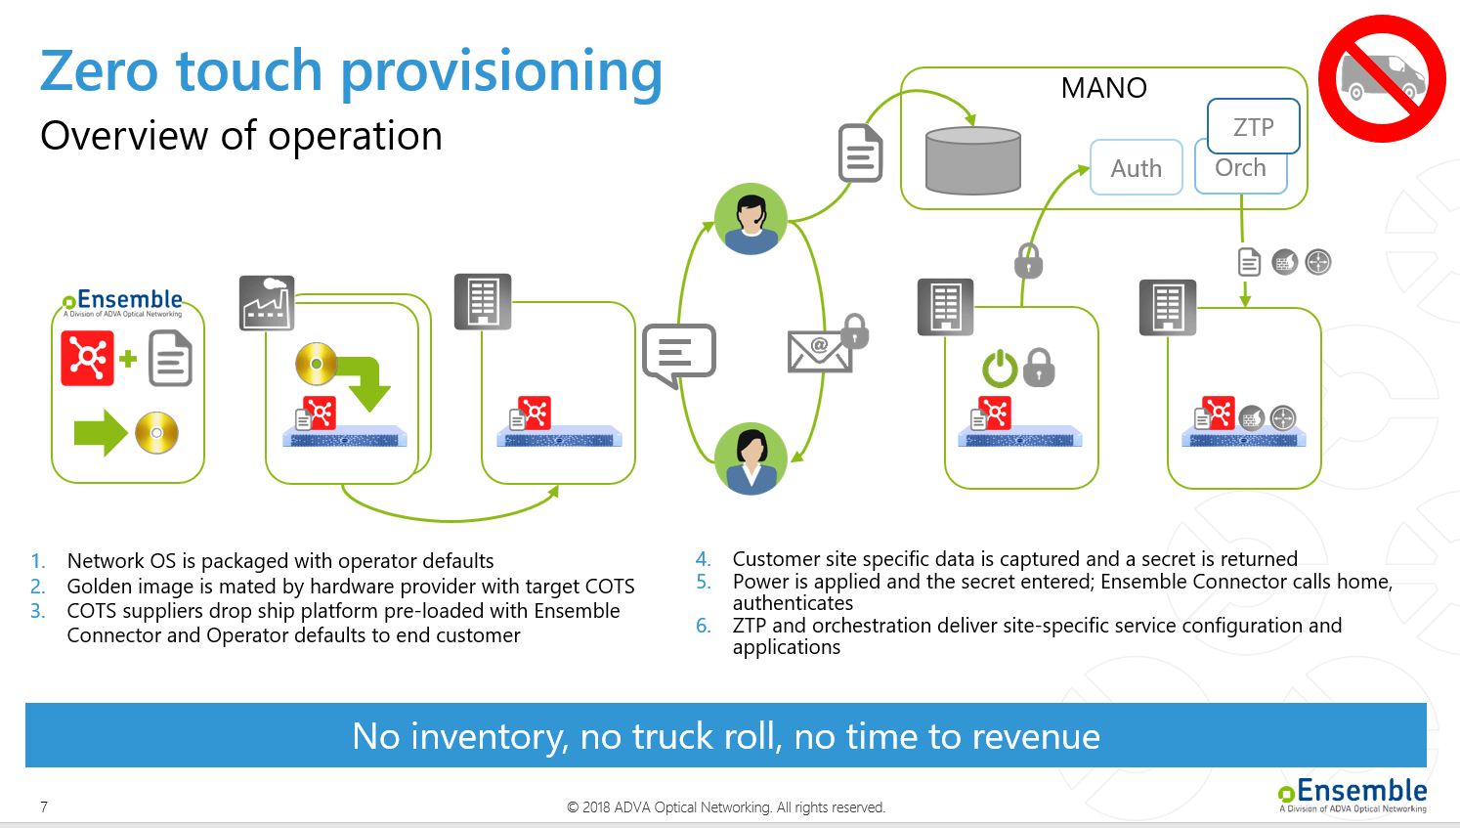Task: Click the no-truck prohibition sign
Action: [x=1382, y=78]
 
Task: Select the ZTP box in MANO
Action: [x=1253, y=127]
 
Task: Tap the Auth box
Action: [x=1136, y=168]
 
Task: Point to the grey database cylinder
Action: [x=972, y=161]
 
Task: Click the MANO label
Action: [x=1103, y=88]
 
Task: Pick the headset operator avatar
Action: [x=751, y=219]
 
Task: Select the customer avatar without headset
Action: [x=751, y=458]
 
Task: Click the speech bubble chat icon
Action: [x=678, y=354]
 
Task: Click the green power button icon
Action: [x=1000, y=369]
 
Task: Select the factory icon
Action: [x=267, y=303]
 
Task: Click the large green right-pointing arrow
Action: [x=100, y=433]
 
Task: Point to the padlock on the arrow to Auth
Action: [x=1028, y=261]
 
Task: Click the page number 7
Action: [x=44, y=806]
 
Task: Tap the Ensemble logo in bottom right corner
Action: [x=1353, y=795]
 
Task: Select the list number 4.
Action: [x=703, y=559]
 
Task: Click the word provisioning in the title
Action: [x=501, y=73]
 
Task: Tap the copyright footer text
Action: [x=725, y=807]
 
